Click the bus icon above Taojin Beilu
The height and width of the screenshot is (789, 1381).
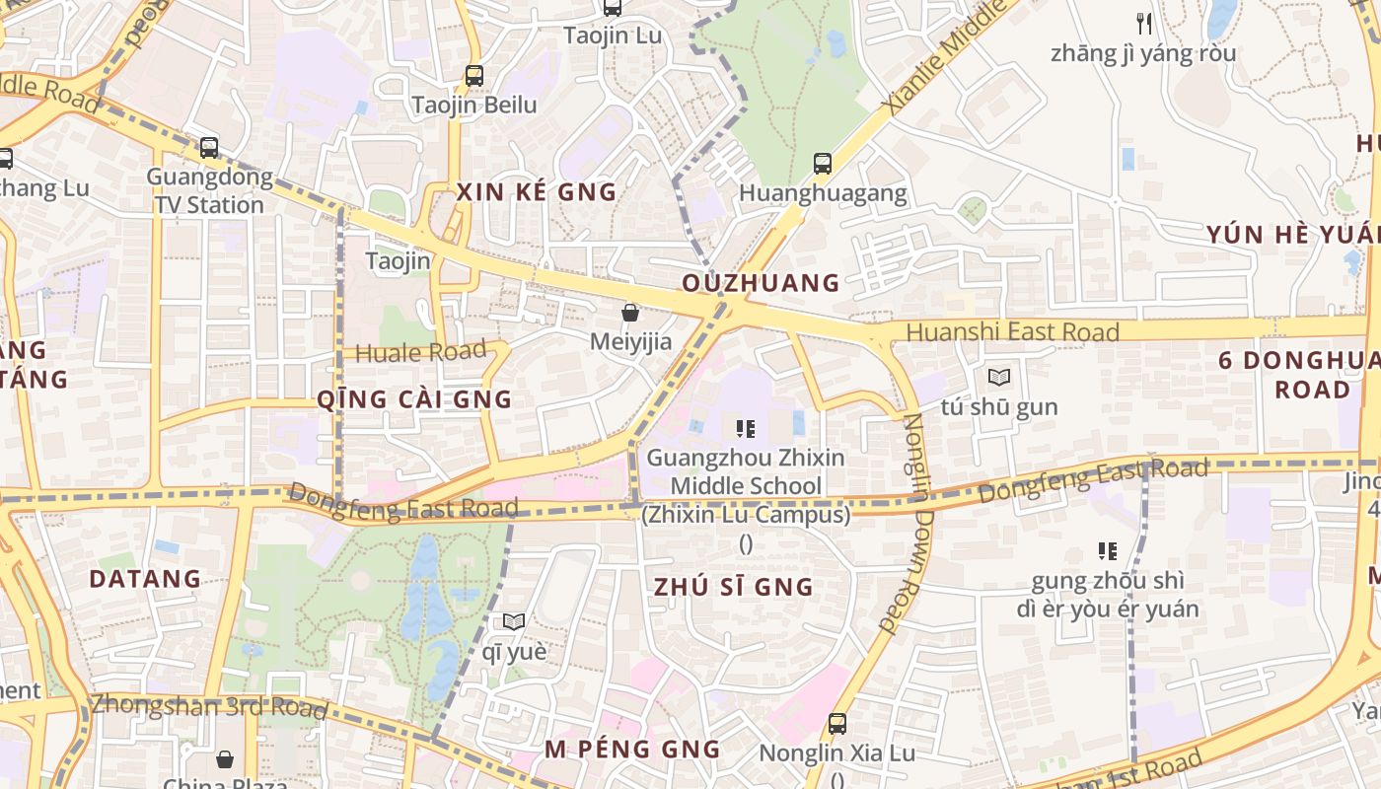pos(474,75)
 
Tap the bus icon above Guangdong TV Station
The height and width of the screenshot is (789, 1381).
pos(209,148)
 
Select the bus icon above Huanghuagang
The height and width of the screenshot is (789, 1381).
pos(823,164)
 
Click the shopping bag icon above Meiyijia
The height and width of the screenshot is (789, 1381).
pos(630,313)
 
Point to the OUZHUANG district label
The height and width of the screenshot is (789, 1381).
pos(761,284)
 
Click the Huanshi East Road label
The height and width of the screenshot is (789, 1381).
pos(1012,332)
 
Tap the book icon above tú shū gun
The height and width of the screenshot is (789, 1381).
pos(999,377)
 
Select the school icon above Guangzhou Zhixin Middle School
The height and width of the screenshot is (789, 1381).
pos(746,428)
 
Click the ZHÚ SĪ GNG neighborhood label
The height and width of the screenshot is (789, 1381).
pos(734,588)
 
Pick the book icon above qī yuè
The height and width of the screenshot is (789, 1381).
pos(514,621)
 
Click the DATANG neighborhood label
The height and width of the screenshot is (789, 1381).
pos(145,579)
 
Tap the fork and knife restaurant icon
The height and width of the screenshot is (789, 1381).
pos(1144,23)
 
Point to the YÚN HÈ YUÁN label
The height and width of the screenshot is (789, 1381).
pos(1292,235)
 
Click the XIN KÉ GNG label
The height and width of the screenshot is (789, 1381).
pos(537,192)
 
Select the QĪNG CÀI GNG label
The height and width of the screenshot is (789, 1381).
pos(414,399)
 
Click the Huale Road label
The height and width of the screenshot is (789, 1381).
pos(421,352)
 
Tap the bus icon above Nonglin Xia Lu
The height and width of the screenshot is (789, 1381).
pos(837,723)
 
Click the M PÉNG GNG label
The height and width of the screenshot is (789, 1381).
pos(632,750)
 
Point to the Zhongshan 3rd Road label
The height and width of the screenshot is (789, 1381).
pos(209,706)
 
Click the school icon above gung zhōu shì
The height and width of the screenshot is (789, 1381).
pos(1108,551)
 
